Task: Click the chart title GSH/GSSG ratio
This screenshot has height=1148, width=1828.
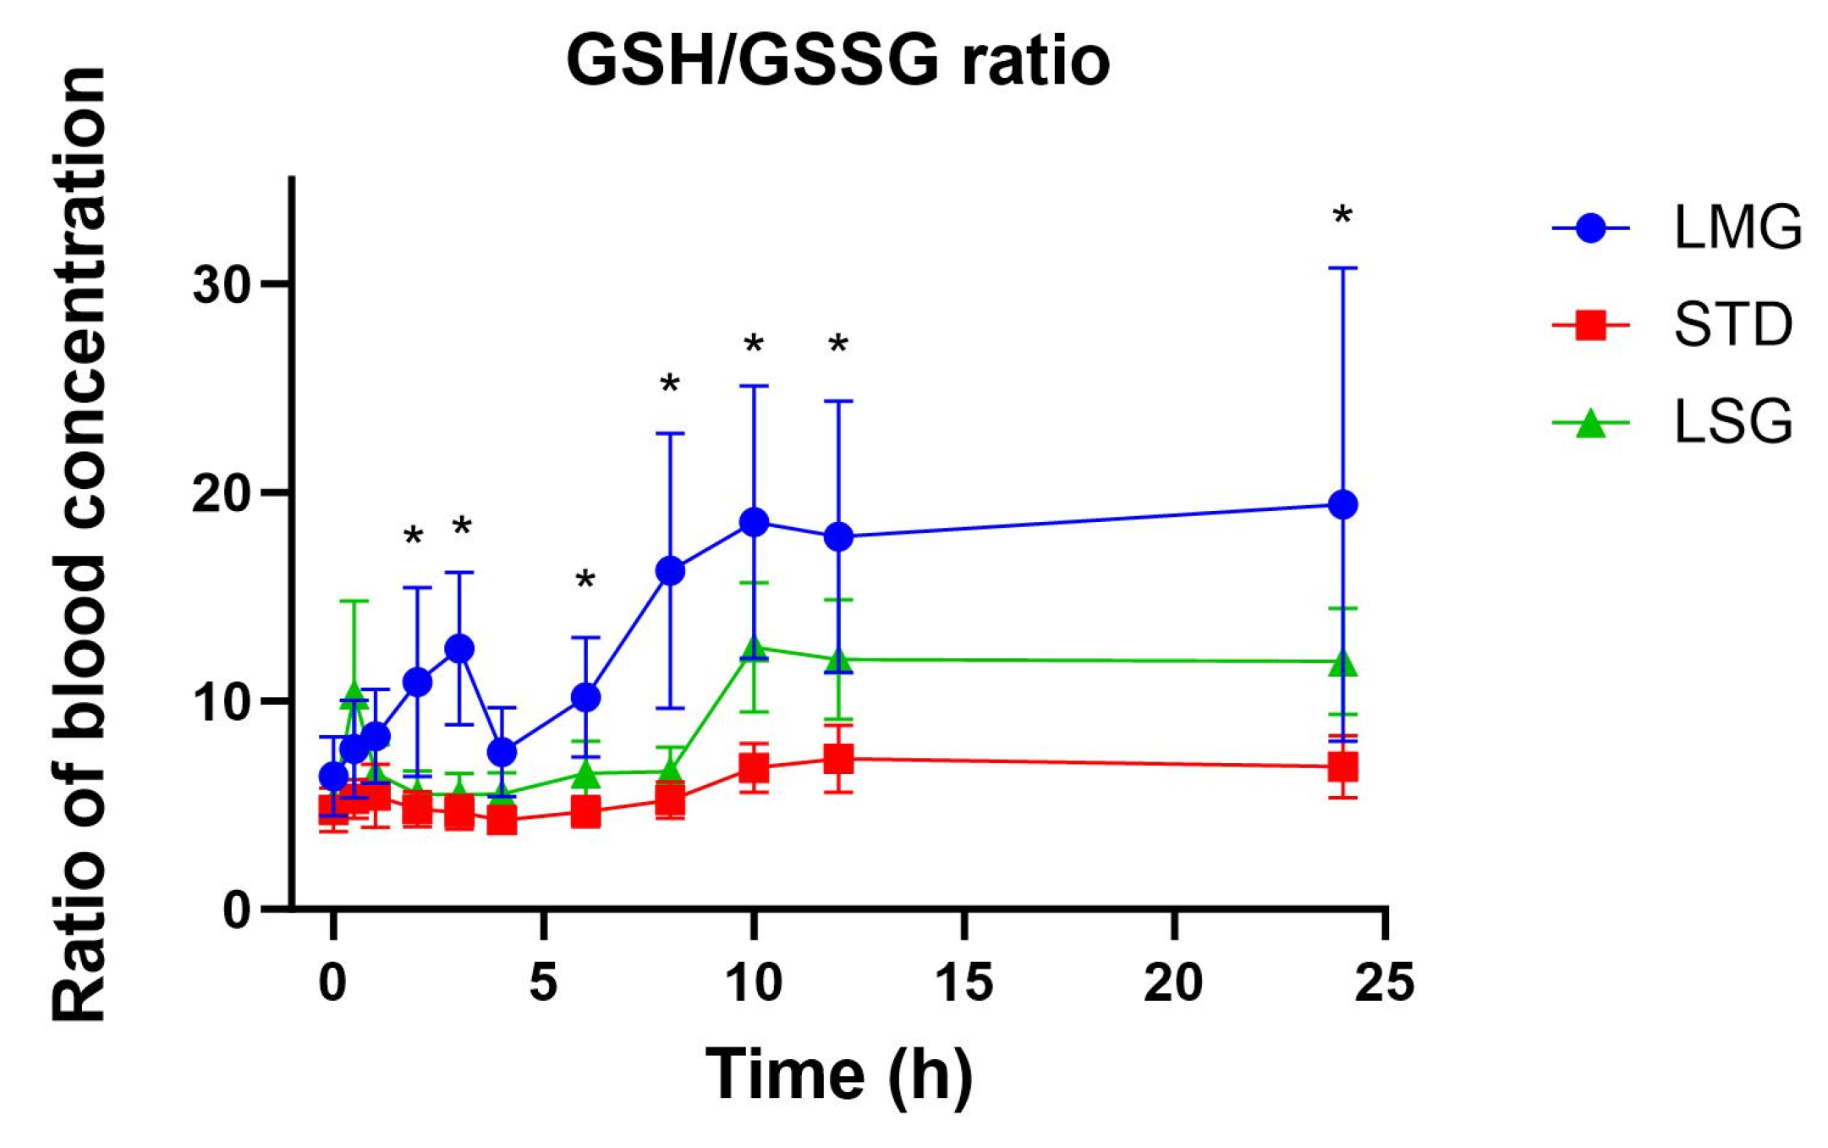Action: click(x=837, y=61)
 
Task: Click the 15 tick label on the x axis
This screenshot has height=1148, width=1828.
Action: click(x=963, y=983)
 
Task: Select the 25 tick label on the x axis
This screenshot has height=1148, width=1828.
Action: click(x=1384, y=983)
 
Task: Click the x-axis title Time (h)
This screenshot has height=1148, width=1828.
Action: click(x=839, y=1074)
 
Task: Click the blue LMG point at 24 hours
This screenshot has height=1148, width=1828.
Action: click(x=1343, y=505)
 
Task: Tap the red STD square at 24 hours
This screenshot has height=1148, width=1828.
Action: click(x=1343, y=767)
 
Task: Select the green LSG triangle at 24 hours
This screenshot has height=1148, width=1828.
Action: click(x=1343, y=663)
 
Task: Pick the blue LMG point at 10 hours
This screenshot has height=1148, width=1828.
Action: click(x=754, y=521)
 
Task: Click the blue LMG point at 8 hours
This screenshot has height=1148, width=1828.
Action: click(x=670, y=571)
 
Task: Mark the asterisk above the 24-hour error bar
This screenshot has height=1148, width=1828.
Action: click(x=1342, y=216)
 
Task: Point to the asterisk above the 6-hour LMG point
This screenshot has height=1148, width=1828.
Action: click(x=585, y=580)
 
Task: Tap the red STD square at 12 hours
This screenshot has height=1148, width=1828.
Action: click(x=838, y=759)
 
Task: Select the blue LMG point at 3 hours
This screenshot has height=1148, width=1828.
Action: click(x=459, y=649)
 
